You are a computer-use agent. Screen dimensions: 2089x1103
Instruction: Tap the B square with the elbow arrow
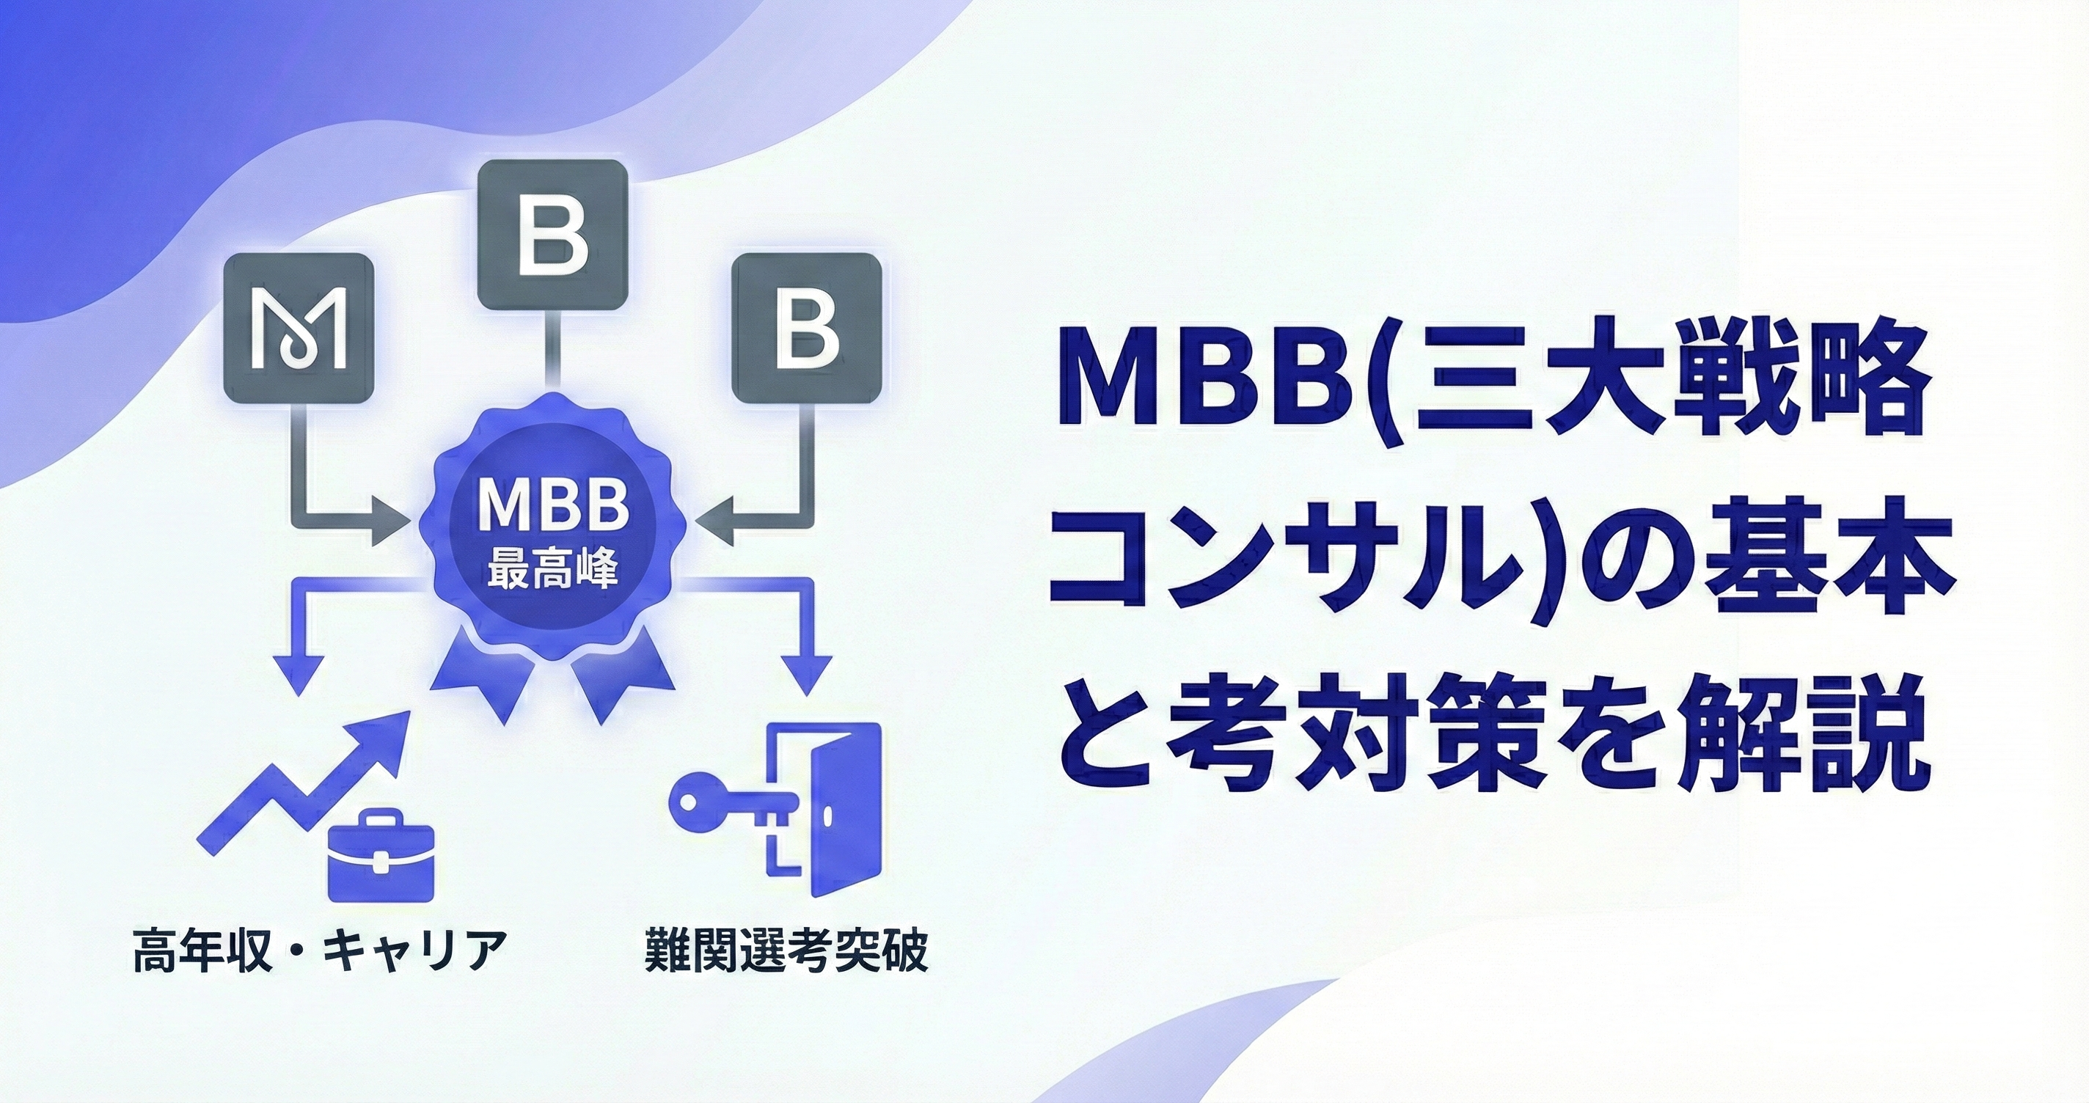coord(807,329)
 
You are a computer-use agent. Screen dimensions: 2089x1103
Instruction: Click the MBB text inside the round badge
coord(554,505)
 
